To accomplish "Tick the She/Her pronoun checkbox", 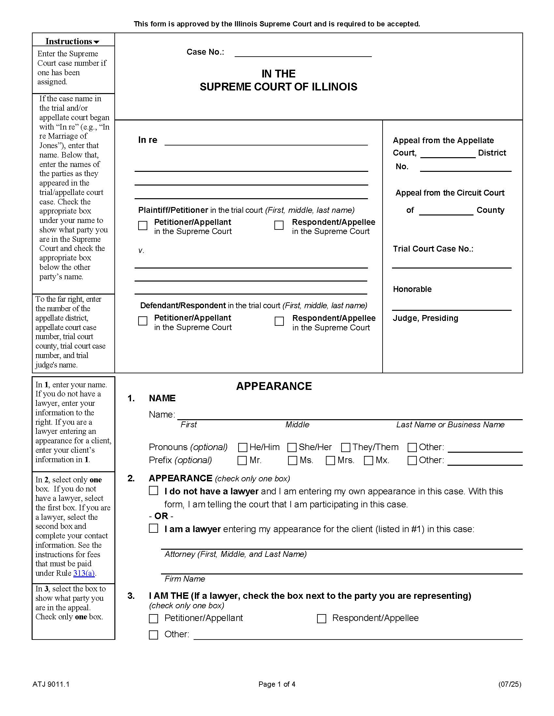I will pyautogui.click(x=292, y=447).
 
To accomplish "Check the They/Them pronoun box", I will pyautogui.click(x=345, y=447).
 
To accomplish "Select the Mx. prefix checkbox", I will pyautogui.click(x=369, y=461).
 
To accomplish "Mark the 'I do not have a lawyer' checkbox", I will pyautogui.click(x=153, y=491).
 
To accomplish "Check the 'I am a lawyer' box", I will pyautogui.click(x=153, y=529).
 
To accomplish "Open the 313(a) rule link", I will pyautogui.click(x=84, y=573).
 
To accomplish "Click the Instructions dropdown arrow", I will pyautogui.click(x=96, y=42).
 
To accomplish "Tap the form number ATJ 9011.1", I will pyautogui.click(x=51, y=684).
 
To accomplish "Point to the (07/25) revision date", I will pyautogui.click(x=509, y=684).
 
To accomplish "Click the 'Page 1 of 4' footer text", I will pyautogui.click(x=277, y=684).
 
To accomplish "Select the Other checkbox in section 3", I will pyautogui.click(x=153, y=635).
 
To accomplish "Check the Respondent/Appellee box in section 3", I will pyautogui.click(x=322, y=619).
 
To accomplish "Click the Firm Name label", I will pyautogui.click(x=185, y=579).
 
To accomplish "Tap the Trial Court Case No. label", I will pyautogui.click(x=433, y=249).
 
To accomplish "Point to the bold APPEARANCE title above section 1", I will pyautogui.click(x=274, y=386).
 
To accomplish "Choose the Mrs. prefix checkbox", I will pyautogui.click(x=330, y=461).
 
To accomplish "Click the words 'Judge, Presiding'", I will pyautogui.click(x=425, y=318).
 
